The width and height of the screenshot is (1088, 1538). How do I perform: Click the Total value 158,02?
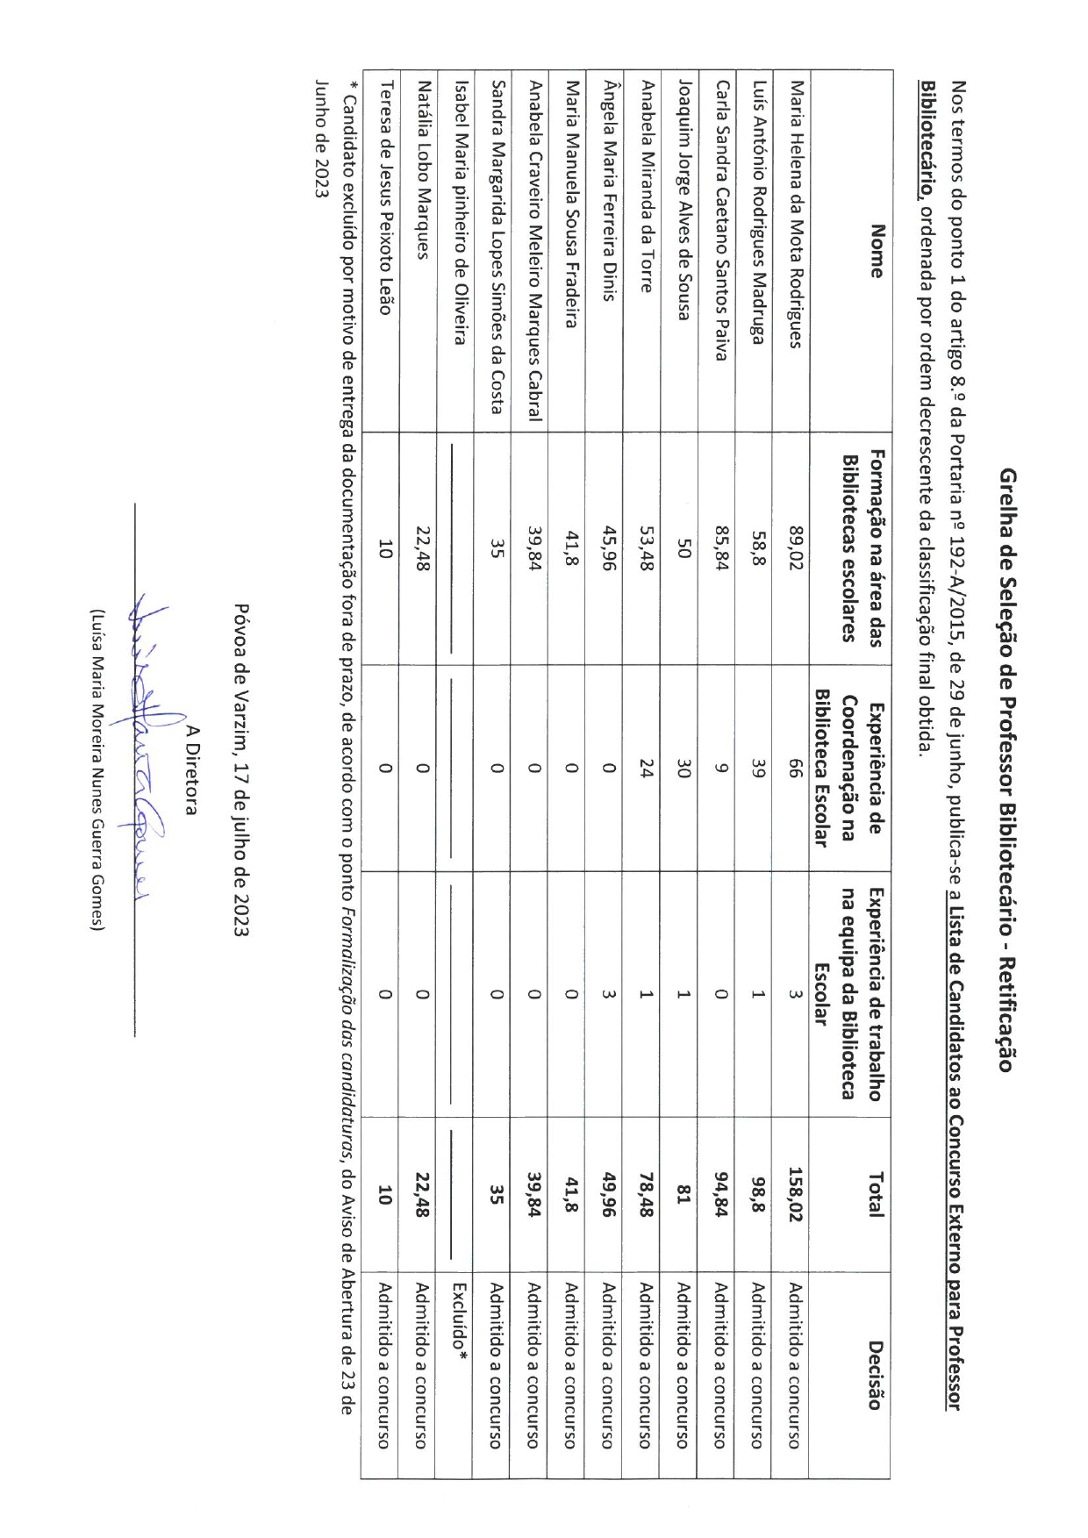(795, 1194)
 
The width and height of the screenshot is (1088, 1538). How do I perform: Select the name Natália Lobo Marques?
(422, 170)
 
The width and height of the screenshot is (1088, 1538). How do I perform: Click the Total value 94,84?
(721, 1194)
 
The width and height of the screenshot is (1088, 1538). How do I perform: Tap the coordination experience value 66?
(795, 769)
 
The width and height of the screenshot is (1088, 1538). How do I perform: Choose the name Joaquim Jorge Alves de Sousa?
(684, 201)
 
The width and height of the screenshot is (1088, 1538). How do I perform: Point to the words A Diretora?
(192, 769)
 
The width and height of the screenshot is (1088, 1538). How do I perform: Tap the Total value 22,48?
(422, 1194)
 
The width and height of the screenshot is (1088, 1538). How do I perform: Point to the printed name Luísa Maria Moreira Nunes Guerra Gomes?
(97, 769)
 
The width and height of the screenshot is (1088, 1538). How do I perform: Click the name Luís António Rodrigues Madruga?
(758, 213)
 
